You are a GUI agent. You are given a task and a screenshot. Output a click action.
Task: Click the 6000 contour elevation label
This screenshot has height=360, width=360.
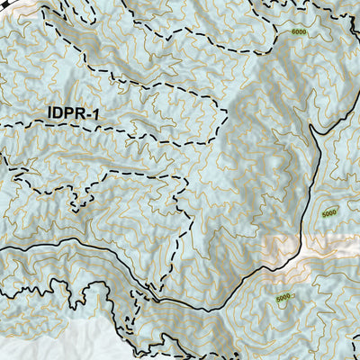tap(300, 31)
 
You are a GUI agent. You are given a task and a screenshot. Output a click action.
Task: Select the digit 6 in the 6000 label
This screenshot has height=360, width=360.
tap(293, 31)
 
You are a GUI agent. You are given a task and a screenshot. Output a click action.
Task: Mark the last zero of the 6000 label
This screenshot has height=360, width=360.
tap(306, 31)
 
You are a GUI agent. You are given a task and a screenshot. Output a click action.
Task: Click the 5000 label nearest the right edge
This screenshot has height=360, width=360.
tap(328, 213)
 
